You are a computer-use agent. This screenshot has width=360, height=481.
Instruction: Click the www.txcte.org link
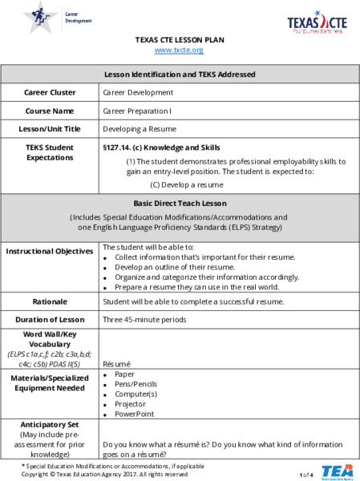[180, 50]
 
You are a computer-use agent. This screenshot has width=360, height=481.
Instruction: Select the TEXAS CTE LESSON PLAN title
[180, 39]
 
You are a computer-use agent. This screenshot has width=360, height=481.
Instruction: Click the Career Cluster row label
[51, 93]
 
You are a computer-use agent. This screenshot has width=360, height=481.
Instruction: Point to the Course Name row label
[51, 111]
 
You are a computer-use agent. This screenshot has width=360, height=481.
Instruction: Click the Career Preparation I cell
[137, 111]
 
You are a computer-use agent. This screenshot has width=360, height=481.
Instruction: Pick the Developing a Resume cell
[140, 128]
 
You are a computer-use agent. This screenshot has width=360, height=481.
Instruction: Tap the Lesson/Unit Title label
[51, 128]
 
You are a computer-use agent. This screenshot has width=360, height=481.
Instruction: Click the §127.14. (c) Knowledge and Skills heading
[161, 148]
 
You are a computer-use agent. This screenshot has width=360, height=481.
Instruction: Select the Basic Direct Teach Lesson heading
[180, 203]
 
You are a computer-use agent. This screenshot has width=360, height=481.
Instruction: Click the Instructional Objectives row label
[51, 252]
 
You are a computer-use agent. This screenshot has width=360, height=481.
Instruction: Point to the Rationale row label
[51, 301]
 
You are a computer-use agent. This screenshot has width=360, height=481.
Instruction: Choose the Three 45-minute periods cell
[144, 319]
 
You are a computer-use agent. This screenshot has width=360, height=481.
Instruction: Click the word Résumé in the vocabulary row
[117, 362]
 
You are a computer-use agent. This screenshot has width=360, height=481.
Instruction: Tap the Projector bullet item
[131, 404]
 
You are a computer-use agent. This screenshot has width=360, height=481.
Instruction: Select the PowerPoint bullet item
[134, 414]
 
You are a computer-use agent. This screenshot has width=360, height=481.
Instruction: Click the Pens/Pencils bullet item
[136, 384]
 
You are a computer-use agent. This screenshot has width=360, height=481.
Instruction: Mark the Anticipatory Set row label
[50, 425]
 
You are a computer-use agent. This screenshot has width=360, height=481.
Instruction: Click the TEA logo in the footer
[336, 471]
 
